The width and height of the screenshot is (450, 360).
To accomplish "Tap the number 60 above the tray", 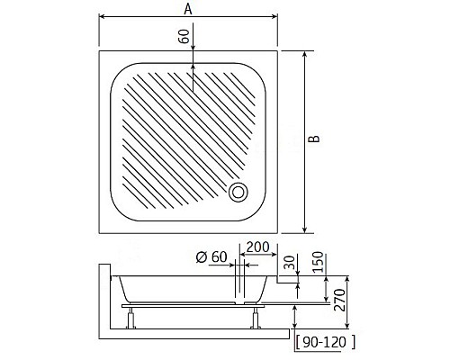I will coord(184,37).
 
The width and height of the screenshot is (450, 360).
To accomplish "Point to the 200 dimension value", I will coord(256,246).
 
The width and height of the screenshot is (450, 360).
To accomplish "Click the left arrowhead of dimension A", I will coord(101,17).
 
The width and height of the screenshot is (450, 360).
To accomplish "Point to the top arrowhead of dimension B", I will coord(305,55).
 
